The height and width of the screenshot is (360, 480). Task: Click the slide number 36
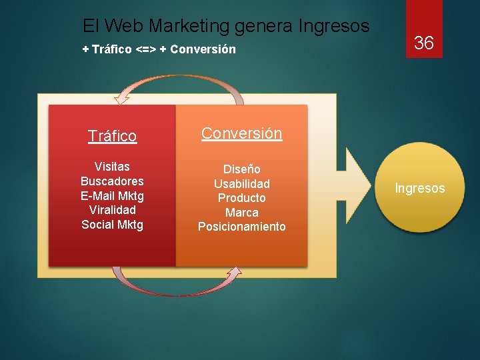click(424, 44)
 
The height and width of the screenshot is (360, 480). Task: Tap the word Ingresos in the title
click(334, 26)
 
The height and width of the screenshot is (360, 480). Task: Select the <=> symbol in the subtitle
click(147, 49)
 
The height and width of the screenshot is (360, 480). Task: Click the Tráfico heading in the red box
click(112, 137)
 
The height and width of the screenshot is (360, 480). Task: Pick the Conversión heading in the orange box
click(241, 133)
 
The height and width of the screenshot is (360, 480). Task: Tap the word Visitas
click(112, 167)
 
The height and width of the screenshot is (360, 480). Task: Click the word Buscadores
click(112, 181)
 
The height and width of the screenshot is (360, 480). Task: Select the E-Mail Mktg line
click(112, 196)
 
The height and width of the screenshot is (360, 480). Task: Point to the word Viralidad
click(112, 210)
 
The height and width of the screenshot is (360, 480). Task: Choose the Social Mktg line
click(112, 225)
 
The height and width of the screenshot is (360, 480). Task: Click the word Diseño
click(241, 169)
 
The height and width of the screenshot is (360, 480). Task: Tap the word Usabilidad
click(241, 183)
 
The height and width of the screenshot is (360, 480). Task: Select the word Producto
click(241, 198)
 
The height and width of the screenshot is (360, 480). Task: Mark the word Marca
click(241, 213)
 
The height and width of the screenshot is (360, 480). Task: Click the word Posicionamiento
click(241, 227)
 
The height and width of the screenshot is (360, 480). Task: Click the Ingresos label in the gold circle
click(419, 189)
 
